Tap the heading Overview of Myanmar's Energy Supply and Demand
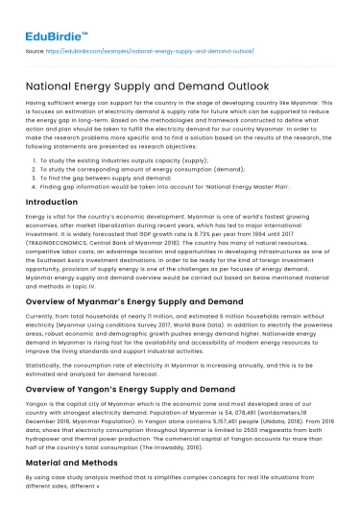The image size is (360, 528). coord(142,300)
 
